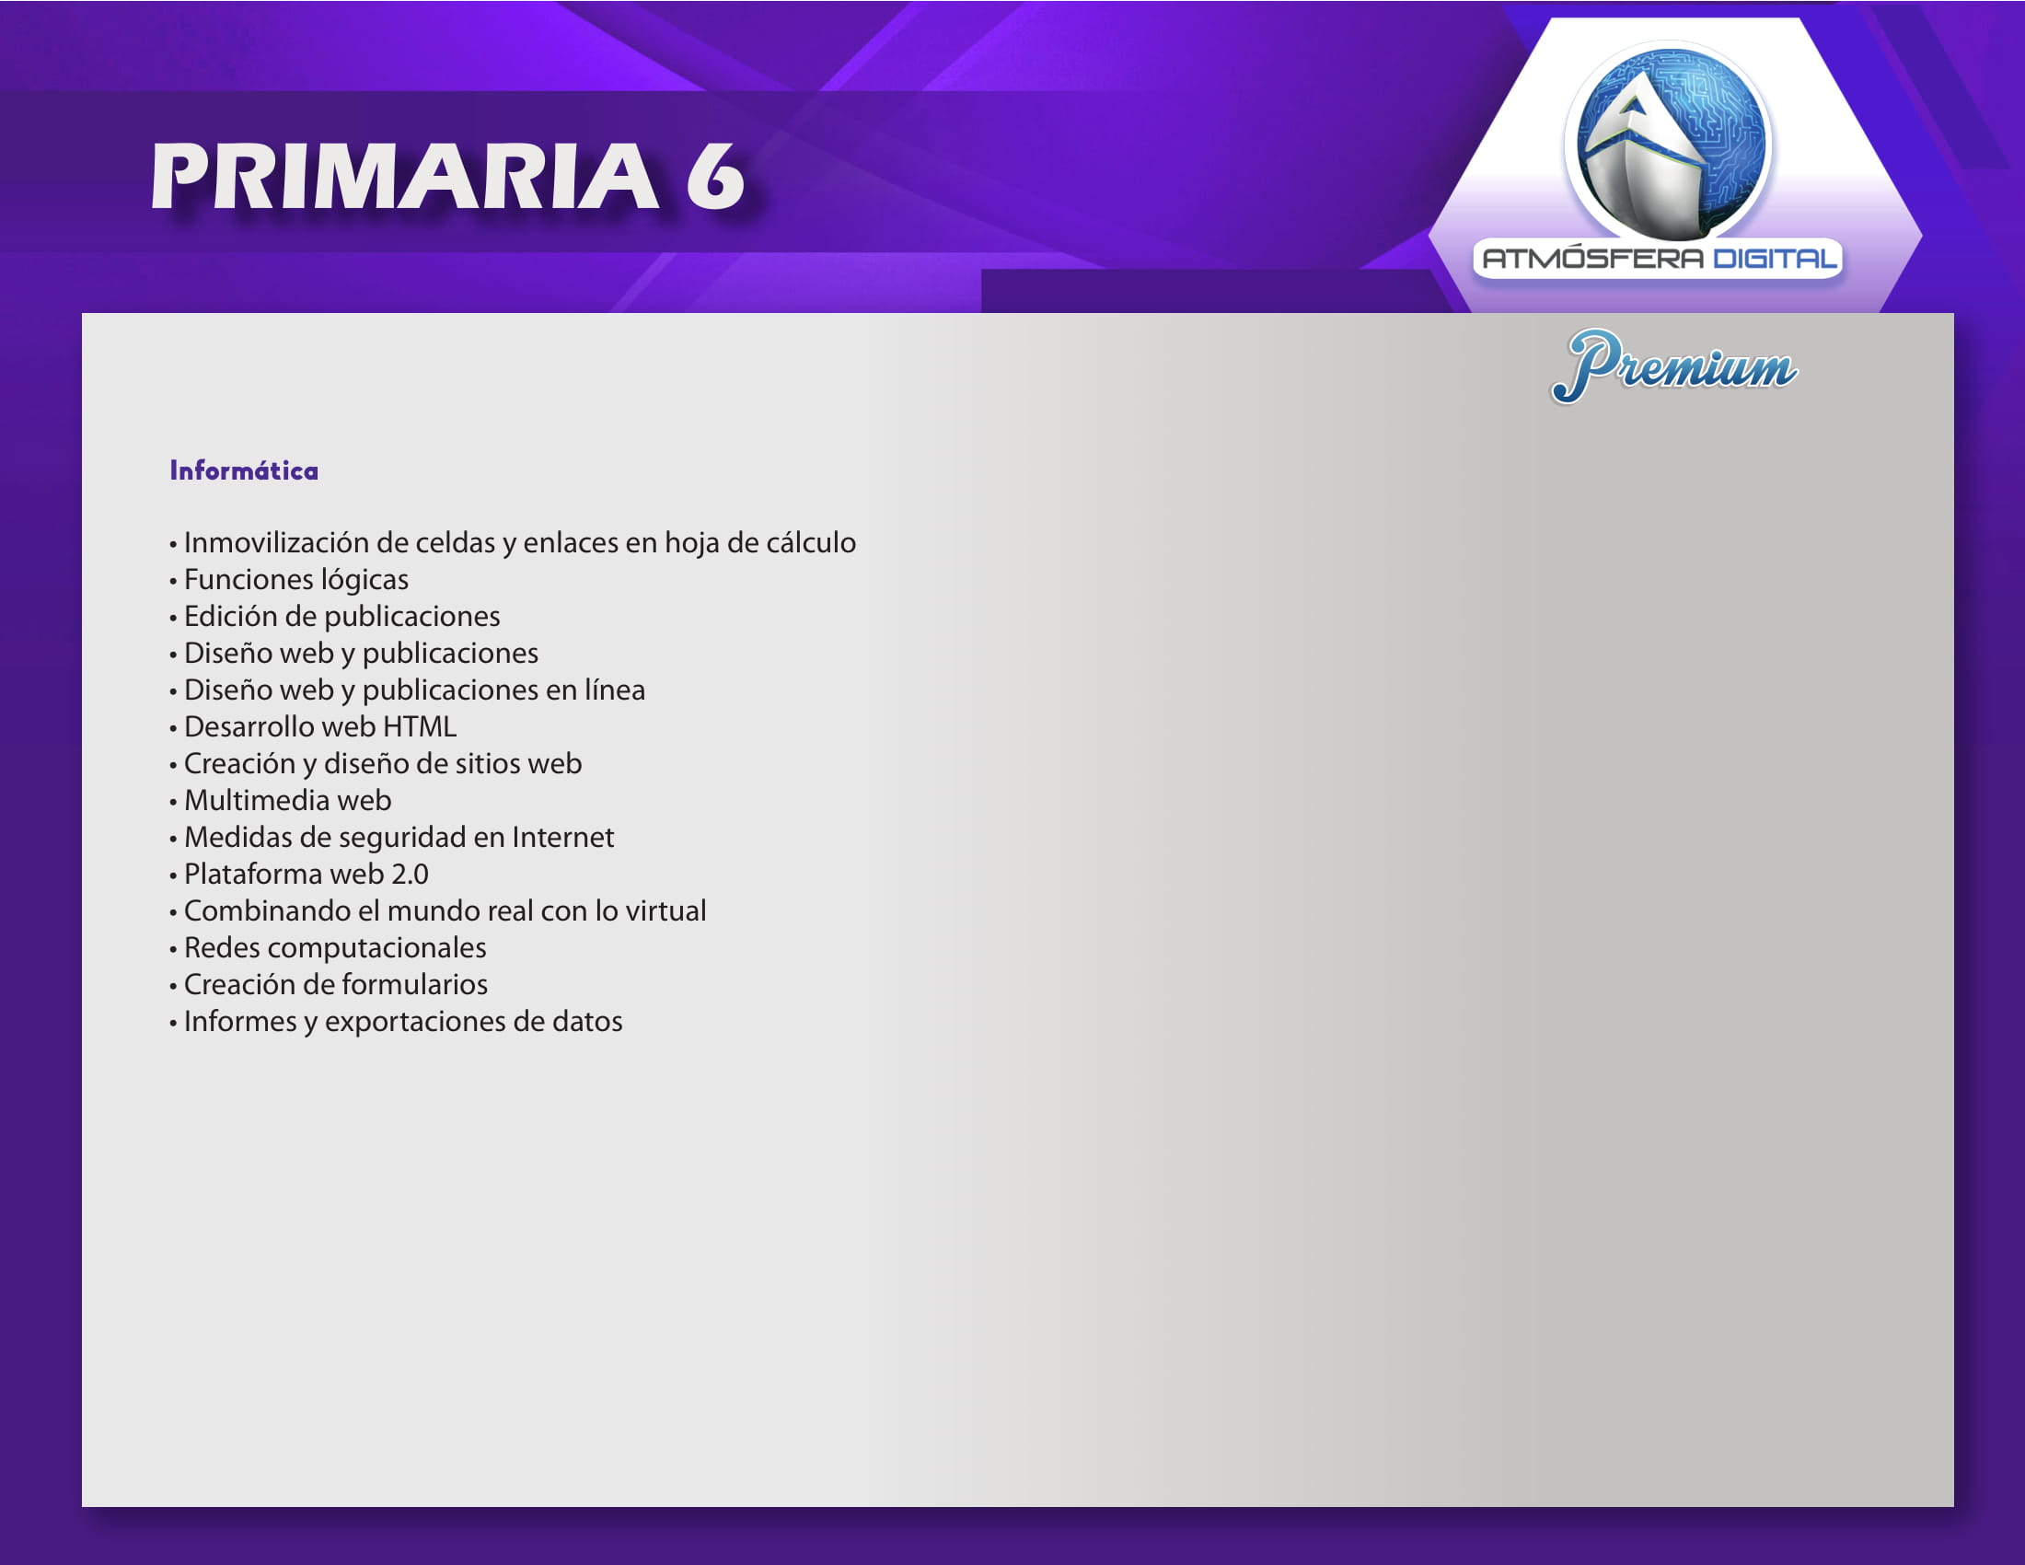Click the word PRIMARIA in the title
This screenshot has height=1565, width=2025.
click(x=405, y=176)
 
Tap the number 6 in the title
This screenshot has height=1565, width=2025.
click(x=715, y=176)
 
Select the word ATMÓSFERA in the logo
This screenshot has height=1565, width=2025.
click(x=1593, y=258)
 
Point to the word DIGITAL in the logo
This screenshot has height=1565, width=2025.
click(x=1775, y=258)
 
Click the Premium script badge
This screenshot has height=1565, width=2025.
click(x=1673, y=366)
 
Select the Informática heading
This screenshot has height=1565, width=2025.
click(x=244, y=470)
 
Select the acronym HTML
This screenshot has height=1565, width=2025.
click(x=420, y=727)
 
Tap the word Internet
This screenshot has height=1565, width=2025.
click(x=562, y=837)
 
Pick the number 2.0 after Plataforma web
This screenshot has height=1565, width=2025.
click(x=410, y=875)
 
